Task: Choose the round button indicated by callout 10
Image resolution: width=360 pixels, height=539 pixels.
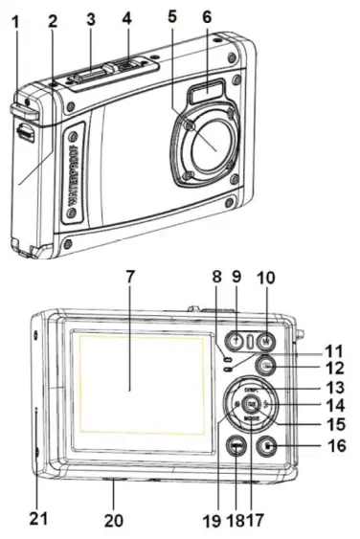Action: (x=265, y=340)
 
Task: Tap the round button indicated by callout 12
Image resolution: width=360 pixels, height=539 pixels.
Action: (x=267, y=366)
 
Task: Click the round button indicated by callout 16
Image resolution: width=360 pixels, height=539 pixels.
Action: (x=270, y=445)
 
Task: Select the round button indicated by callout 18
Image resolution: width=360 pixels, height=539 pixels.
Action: (x=236, y=446)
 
